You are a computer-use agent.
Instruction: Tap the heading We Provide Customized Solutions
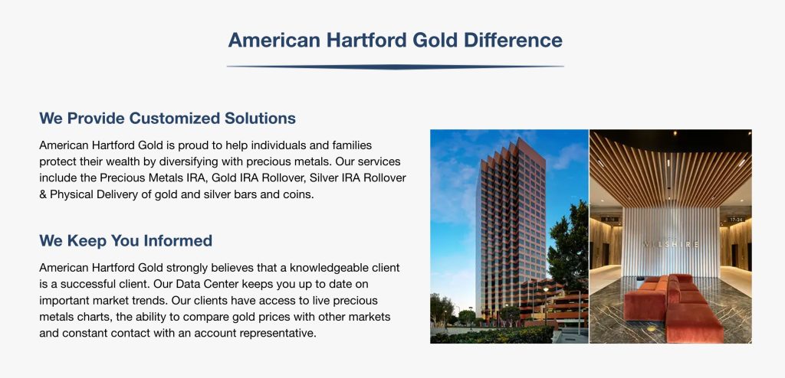click(x=167, y=119)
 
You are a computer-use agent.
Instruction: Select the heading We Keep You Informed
click(x=126, y=240)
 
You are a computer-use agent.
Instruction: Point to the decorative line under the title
click(x=395, y=67)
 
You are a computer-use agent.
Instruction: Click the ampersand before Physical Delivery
click(x=43, y=194)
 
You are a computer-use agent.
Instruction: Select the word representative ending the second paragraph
click(x=277, y=333)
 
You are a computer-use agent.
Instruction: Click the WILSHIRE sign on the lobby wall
click(x=670, y=245)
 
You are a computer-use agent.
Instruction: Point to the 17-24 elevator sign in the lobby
click(x=735, y=220)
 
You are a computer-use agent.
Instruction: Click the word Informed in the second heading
click(x=178, y=240)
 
